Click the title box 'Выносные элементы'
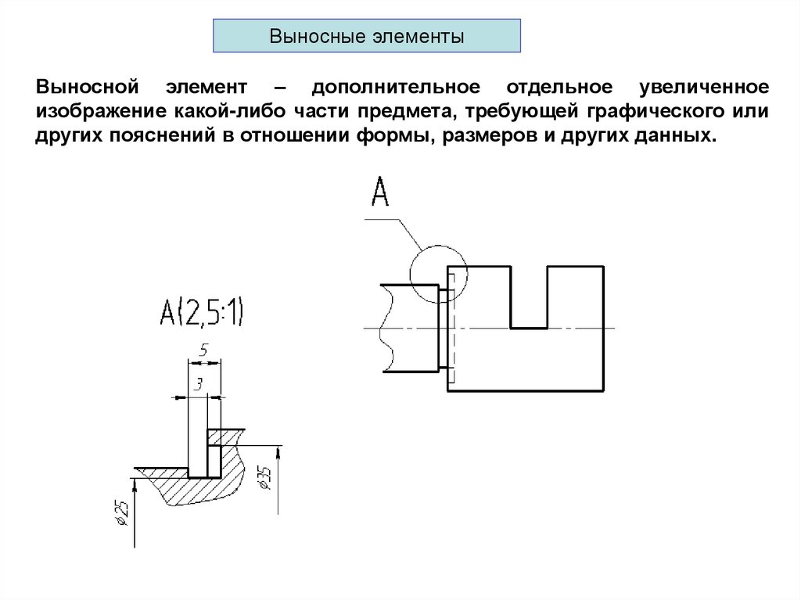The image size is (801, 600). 367,37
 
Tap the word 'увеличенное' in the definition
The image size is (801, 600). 703,85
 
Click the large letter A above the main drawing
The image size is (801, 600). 379,192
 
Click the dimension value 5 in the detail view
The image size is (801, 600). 203,352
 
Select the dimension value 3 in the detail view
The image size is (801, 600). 198,384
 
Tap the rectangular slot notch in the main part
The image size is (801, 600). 529,301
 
